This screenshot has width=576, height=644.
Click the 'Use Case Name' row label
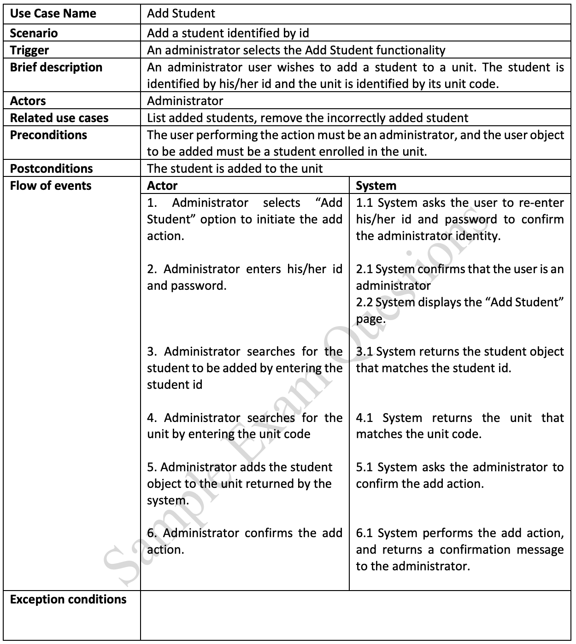53,13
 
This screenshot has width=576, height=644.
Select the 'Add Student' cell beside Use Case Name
181,13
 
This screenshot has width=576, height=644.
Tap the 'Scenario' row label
34,33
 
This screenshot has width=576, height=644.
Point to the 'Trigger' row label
29,50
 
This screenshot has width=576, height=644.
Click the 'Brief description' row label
56,67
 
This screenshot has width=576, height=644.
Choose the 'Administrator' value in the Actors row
185,101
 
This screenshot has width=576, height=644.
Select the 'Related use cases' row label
59,118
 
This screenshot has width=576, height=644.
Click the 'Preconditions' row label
48,135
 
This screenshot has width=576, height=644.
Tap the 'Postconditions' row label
51,169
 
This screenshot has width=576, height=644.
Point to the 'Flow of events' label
51,186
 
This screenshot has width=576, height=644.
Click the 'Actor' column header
162,186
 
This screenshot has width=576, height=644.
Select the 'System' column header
376,186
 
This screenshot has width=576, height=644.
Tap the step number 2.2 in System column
364,303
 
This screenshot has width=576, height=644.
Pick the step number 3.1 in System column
364,352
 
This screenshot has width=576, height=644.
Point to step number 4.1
364,418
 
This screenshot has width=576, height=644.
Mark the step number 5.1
364,468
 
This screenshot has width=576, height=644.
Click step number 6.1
364,533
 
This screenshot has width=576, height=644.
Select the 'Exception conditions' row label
68,599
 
